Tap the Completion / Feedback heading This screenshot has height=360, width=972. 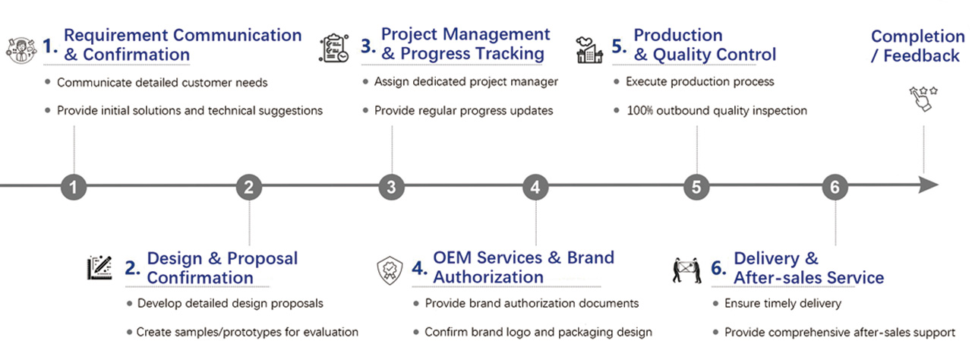917,46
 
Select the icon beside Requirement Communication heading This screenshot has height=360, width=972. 21,48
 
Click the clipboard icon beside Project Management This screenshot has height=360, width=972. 334,48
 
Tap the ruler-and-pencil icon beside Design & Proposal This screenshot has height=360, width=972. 100,268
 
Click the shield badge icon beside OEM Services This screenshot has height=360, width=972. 390,270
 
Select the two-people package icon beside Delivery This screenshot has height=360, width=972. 687,270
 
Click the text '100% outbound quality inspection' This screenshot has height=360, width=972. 716,111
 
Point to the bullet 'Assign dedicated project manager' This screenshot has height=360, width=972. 465,82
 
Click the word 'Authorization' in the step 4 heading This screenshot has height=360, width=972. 488,277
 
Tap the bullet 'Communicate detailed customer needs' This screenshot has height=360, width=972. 162,82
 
